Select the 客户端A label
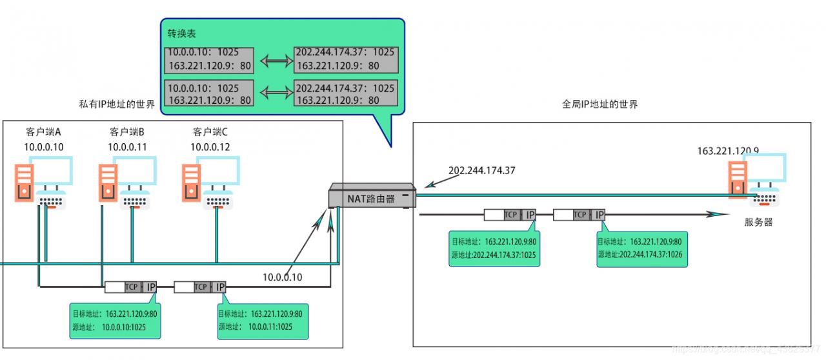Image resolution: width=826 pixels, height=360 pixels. tap(44, 132)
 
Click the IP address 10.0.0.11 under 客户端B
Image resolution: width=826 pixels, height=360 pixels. tap(127, 146)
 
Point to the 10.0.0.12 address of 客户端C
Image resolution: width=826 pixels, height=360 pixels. tap(210, 146)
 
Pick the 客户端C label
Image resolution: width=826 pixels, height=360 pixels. tap(210, 132)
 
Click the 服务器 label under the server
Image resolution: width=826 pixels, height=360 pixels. tap(758, 223)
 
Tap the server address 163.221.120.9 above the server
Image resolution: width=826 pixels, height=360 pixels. tap(728, 151)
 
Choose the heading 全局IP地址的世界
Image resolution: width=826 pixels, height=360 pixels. tap(599, 103)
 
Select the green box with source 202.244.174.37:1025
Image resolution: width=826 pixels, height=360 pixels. tap(494, 248)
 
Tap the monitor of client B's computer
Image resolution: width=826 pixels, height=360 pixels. tap(134, 170)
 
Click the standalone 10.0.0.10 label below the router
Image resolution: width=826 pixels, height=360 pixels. tap(283, 277)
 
